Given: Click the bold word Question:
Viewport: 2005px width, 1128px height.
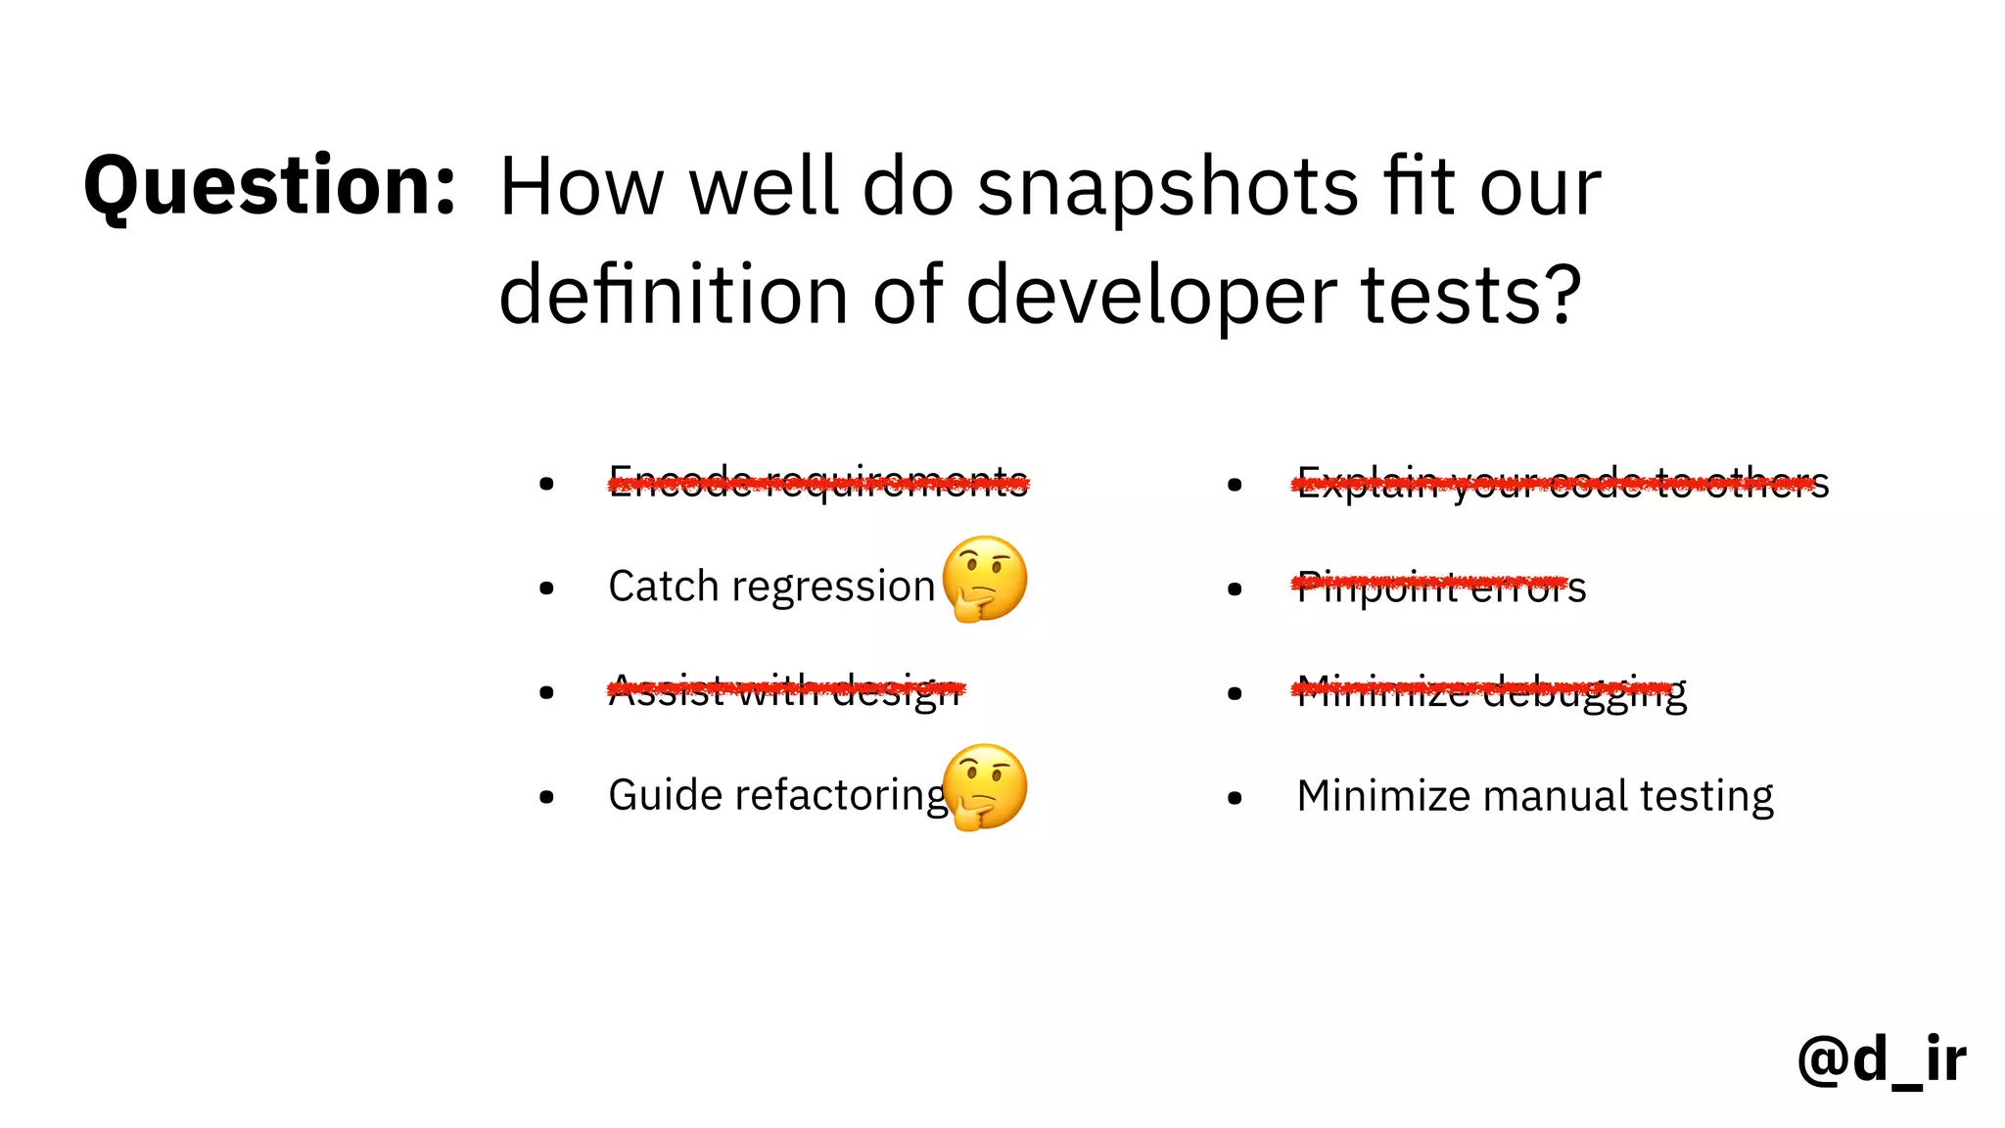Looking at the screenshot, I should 269,186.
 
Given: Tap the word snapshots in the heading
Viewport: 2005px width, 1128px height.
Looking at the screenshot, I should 1168,188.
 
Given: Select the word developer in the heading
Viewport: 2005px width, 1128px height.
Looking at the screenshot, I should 1150,296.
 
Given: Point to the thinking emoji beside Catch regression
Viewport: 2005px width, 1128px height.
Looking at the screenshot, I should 985,579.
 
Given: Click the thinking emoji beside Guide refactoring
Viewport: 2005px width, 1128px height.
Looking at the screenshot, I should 985,787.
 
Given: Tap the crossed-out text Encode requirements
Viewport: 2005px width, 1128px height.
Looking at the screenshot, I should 818,482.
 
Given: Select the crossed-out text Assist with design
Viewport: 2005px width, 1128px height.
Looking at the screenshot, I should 785,690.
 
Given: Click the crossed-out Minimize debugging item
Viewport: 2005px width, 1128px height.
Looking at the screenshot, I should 1491,692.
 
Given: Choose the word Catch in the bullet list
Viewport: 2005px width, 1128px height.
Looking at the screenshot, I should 663,587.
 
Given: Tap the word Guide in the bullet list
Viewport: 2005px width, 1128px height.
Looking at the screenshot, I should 665,795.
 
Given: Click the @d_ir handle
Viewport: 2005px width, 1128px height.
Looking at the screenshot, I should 1881,1059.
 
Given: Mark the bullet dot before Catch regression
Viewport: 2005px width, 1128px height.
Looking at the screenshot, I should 546,588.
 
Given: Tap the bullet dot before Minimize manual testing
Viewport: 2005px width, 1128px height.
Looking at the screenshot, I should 1235,798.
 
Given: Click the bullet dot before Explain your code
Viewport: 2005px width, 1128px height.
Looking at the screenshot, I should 1235,484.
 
